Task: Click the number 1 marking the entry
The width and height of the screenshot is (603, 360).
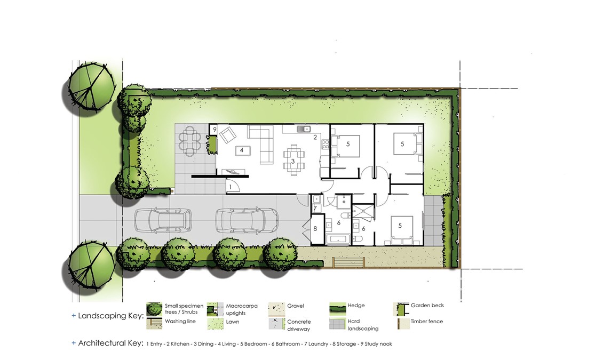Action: click(231, 187)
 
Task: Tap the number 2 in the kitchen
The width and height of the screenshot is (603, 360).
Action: click(315, 137)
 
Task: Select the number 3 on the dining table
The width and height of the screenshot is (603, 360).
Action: click(292, 161)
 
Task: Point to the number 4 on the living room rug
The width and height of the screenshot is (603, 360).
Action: click(242, 150)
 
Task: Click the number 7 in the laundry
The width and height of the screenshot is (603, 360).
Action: click(315, 208)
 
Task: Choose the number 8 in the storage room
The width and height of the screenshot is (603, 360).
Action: click(315, 229)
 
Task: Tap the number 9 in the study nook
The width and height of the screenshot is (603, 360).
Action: click(215, 130)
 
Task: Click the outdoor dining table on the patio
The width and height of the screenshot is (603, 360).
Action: click(191, 141)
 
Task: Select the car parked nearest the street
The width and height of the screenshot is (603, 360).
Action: click(163, 221)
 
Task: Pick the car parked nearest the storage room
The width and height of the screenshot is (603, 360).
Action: click(247, 221)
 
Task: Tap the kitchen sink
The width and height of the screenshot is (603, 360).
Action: click(304, 129)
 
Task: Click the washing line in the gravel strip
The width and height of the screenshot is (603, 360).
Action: click(348, 262)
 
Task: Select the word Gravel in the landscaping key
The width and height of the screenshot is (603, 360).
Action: click(295, 306)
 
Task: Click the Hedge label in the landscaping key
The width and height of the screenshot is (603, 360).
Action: click(356, 306)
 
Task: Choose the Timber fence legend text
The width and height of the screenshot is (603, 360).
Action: click(427, 321)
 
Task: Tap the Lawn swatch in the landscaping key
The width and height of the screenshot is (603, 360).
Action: click(216, 324)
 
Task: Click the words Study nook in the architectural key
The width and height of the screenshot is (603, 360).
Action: click(378, 344)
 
